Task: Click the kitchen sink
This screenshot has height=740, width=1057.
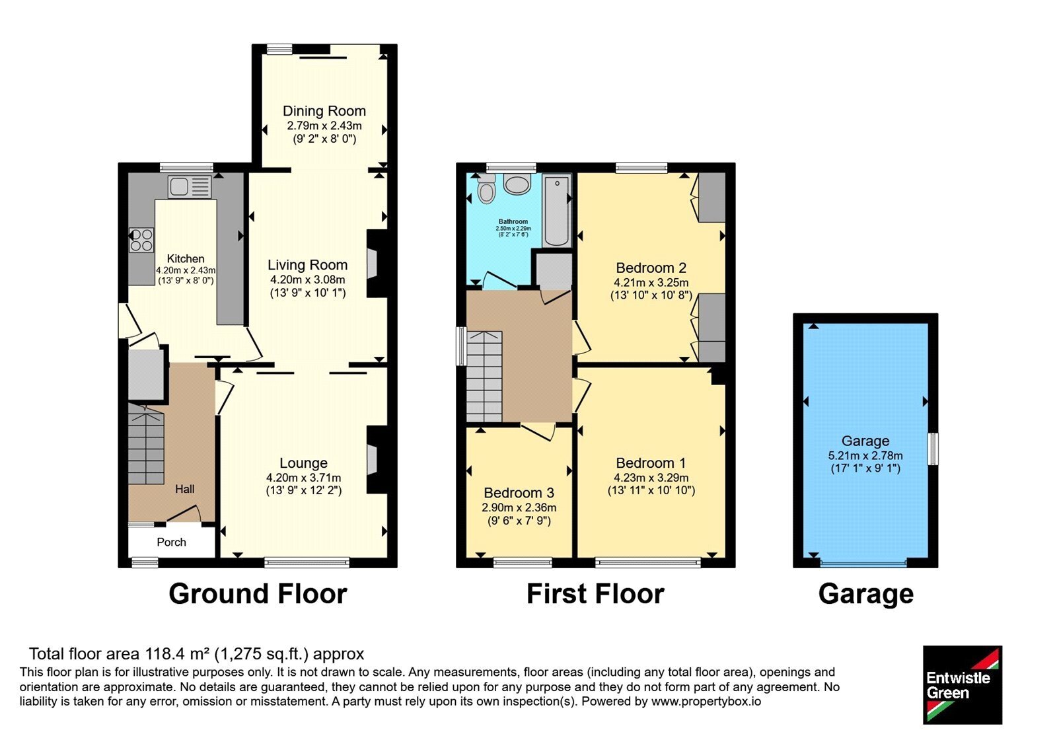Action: click(x=190, y=187)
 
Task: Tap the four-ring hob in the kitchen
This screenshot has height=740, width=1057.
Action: click(x=141, y=240)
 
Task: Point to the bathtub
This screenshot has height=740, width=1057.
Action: click(x=557, y=210)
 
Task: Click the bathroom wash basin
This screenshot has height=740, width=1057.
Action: click(x=517, y=184)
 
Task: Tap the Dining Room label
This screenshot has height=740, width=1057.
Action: click(x=324, y=111)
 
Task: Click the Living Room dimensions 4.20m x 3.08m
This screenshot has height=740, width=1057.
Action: click(x=308, y=279)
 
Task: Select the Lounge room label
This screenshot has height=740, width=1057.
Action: click(x=303, y=463)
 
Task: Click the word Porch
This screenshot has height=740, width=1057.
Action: click(x=171, y=542)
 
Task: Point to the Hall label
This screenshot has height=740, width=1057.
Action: click(x=184, y=489)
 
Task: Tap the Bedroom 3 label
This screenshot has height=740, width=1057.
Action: click(x=519, y=493)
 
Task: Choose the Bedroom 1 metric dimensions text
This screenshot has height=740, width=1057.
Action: click(x=651, y=478)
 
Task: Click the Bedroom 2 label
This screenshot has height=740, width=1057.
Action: click(x=651, y=268)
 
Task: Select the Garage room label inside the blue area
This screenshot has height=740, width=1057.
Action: click(x=865, y=441)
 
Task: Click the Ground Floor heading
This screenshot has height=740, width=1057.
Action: click(x=258, y=594)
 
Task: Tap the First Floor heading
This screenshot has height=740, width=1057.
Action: click(x=595, y=594)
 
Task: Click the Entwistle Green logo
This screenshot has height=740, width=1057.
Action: click(x=963, y=684)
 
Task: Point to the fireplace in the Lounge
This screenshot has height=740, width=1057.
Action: click(x=377, y=460)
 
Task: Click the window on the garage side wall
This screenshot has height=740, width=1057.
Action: click(x=933, y=449)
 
